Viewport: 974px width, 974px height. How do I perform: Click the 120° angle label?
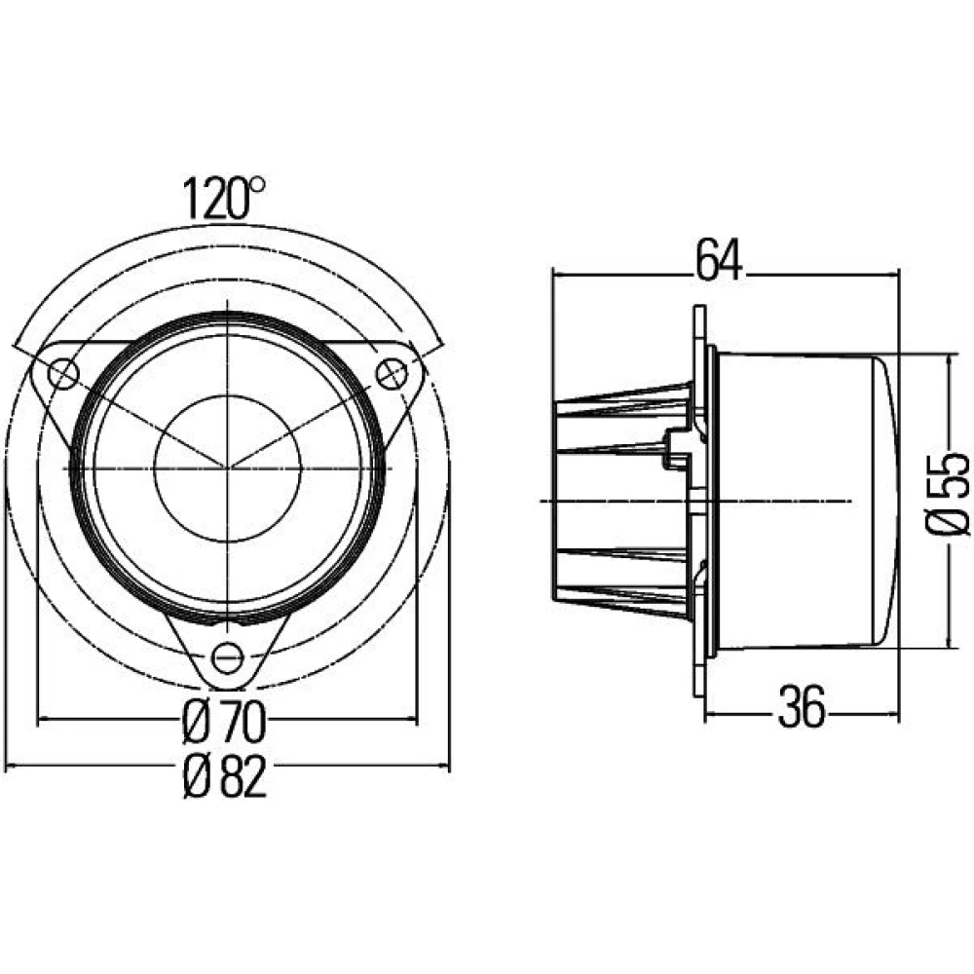(x=224, y=199)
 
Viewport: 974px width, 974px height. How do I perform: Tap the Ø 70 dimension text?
(x=225, y=723)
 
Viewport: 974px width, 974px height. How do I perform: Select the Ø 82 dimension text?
(x=225, y=776)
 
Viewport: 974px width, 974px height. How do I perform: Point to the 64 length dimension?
(x=719, y=260)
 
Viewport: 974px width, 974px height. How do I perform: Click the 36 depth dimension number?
(x=802, y=706)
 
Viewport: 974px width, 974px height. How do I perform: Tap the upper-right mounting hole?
(x=392, y=374)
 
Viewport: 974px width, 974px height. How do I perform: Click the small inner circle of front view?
(x=227, y=468)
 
